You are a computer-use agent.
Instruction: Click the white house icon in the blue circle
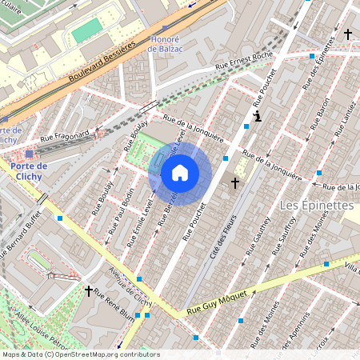[x=180, y=173]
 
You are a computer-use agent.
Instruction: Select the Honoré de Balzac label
[x=165, y=43]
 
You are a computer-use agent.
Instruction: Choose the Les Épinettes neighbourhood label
[x=317, y=206]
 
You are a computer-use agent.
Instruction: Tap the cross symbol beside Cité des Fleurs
[x=234, y=184]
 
